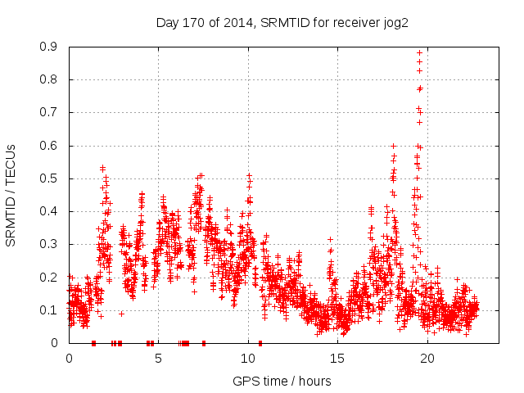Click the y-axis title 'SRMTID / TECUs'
point(11,195)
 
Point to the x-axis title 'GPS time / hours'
point(282,381)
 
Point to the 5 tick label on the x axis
point(159,359)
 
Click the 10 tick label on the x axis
point(248,359)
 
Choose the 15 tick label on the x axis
point(338,359)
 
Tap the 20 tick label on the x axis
point(427,359)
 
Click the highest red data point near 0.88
point(420,52)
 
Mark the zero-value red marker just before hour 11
point(260,343)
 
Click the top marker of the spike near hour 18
point(394,147)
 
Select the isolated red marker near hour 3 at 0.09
point(121,314)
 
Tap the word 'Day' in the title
point(167,22)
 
